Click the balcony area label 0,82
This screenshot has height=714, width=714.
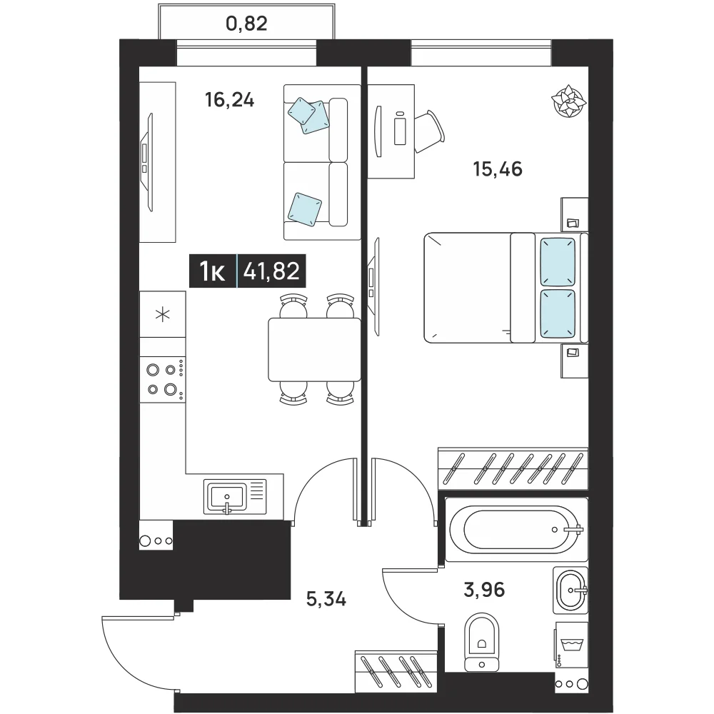(x=246, y=24)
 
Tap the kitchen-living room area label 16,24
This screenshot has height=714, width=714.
(x=229, y=100)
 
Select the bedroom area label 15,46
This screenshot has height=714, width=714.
(x=498, y=169)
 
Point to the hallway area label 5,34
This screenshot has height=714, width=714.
(x=326, y=598)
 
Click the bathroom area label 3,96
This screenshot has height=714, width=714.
(x=484, y=590)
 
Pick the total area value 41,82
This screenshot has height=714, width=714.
(x=271, y=271)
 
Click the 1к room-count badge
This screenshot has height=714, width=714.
(x=212, y=271)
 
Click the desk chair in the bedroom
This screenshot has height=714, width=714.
(x=429, y=131)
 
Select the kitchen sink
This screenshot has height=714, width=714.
(x=234, y=497)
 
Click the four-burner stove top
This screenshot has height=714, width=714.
(x=163, y=379)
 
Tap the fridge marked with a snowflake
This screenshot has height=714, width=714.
(x=163, y=314)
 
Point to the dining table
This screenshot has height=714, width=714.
(x=314, y=349)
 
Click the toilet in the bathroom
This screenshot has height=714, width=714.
(x=482, y=641)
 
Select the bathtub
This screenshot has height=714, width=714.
(x=516, y=530)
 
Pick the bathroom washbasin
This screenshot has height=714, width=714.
(x=570, y=590)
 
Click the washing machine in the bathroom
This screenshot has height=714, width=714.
(x=571, y=645)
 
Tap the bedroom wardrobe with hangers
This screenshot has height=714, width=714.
(x=513, y=468)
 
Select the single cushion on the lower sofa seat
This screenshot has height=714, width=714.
(x=305, y=209)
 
